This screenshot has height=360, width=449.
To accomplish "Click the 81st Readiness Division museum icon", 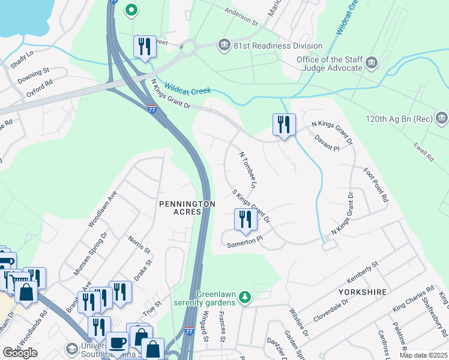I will [x=224, y=46].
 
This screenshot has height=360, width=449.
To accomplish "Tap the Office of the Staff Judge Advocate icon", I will [x=371, y=62].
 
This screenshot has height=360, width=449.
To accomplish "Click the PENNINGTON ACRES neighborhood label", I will [x=187, y=208].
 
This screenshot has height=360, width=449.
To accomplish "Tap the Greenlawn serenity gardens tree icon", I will [x=244, y=296].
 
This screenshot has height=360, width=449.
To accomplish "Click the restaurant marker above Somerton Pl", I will [x=245, y=220].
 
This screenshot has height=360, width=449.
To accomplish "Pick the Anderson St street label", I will [x=241, y=17].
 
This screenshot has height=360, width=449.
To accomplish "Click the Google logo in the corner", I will [x=20, y=353].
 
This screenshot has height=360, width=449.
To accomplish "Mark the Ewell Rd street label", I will [x=423, y=151].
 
